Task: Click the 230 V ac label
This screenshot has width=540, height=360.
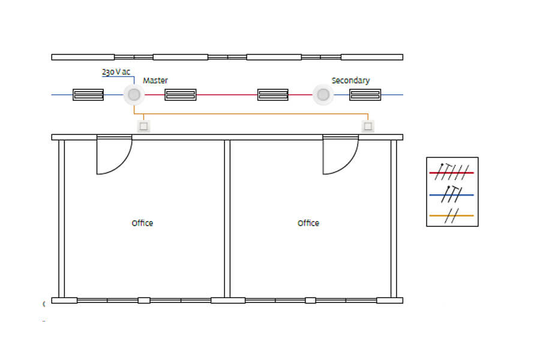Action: [116, 72]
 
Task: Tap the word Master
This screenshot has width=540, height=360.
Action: [155, 80]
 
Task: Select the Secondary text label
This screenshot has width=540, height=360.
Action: [350, 80]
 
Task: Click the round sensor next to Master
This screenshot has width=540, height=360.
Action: [134, 94]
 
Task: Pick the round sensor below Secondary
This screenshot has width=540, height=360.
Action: [323, 94]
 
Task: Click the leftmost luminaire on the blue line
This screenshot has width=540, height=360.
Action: [88, 95]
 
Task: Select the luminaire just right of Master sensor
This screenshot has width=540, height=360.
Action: [181, 95]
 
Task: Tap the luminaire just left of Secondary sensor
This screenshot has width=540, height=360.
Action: [273, 95]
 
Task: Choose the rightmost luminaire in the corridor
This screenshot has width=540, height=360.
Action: [365, 95]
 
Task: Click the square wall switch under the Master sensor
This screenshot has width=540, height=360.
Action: [143, 126]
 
